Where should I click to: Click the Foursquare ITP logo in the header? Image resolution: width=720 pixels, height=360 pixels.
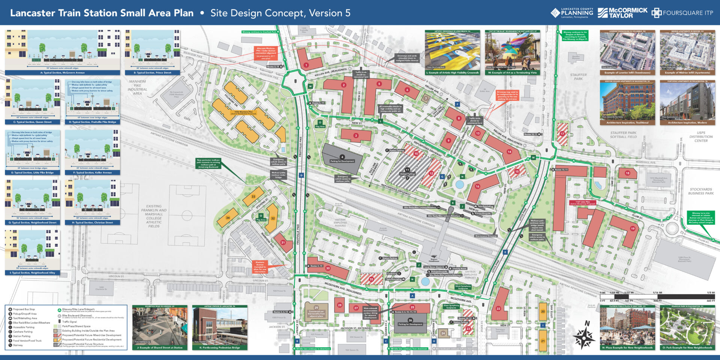point(682,13)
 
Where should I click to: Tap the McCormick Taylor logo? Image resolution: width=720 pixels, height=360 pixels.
point(622,13)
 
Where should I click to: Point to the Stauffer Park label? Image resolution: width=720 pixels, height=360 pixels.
point(578,76)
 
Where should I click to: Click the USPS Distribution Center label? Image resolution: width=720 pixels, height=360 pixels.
point(700,136)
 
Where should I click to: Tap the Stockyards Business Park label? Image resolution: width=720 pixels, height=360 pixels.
point(700,191)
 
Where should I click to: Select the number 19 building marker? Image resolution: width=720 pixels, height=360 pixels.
point(633,228)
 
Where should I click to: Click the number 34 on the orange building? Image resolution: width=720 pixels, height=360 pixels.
point(228,217)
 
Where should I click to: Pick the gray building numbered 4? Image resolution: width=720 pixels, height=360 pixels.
point(342,157)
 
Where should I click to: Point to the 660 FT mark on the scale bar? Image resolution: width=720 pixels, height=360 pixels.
point(711,300)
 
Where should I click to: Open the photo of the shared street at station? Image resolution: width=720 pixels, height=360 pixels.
point(159,327)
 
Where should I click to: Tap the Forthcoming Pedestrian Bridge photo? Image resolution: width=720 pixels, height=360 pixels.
point(220,327)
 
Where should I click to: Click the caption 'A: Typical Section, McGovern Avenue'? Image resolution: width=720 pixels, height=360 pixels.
point(62,73)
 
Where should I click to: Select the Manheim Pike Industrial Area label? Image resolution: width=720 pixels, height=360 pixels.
point(137,87)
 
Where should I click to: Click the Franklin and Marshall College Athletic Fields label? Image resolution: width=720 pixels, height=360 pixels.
point(154,216)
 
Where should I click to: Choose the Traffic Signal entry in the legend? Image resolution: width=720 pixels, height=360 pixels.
point(69,322)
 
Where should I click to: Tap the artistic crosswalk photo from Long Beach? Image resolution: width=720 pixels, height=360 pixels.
point(452,51)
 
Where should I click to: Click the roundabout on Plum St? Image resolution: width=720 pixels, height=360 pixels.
point(672,227)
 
